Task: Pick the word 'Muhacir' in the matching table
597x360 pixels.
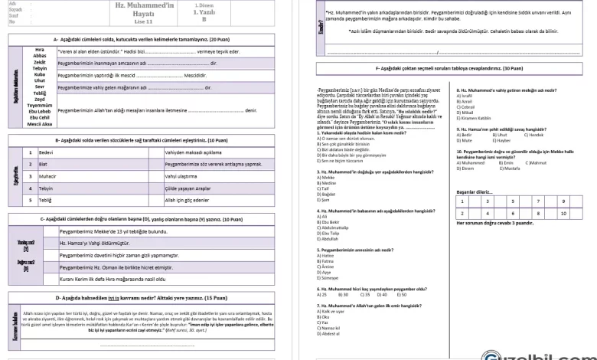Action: point(51,175)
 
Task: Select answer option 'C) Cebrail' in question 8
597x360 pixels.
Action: point(467,106)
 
